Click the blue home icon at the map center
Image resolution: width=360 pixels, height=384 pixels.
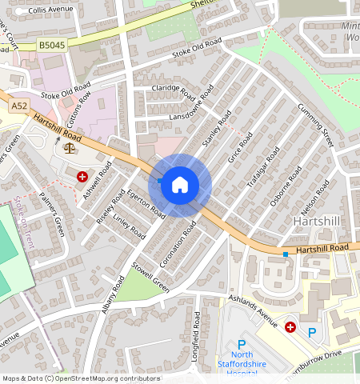180,185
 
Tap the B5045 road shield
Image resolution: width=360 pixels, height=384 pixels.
51,47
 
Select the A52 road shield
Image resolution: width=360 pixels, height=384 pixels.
18,106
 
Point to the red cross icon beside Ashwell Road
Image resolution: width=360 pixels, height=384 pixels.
82,176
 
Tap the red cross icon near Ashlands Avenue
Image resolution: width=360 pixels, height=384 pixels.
290,326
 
